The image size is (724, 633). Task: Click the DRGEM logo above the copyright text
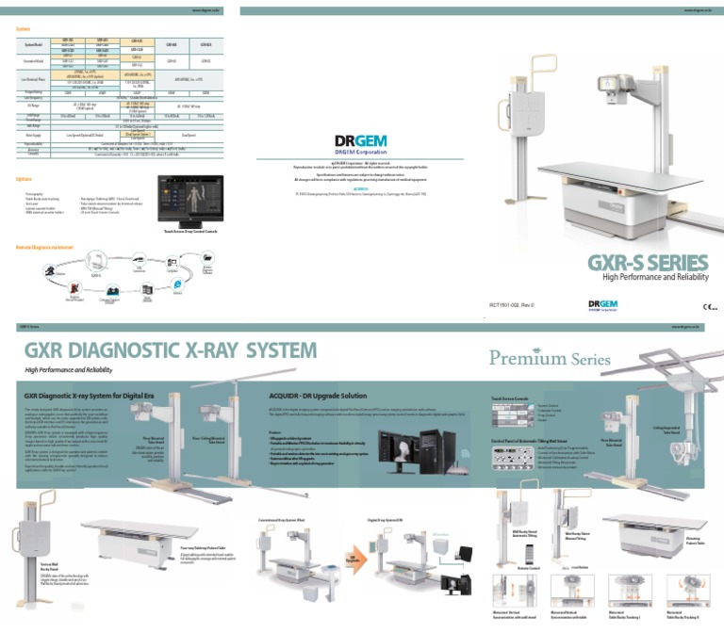tap(361, 143)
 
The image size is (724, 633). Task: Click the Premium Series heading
tap(550, 359)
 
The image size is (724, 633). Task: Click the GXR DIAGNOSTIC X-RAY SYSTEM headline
tap(171, 351)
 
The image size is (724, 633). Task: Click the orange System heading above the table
tap(24, 29)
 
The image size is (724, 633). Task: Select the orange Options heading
tap(25, 178)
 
